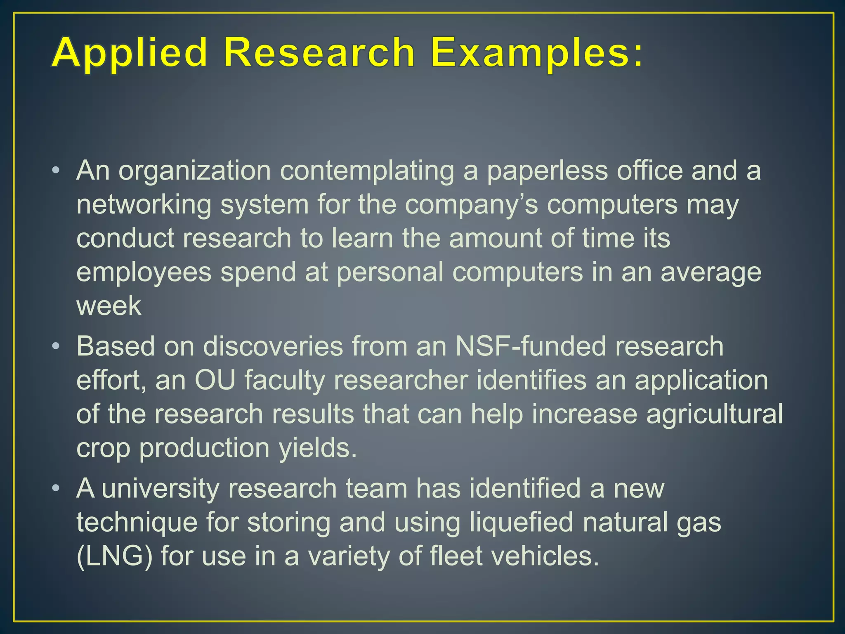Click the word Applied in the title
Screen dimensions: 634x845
129,53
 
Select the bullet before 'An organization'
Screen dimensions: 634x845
56,171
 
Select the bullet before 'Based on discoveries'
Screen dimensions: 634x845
56,346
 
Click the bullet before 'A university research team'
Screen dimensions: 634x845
56,489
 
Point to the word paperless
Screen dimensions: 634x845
547,171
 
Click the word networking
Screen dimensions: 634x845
144,205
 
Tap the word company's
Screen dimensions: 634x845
471,205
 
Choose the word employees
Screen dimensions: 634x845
144,272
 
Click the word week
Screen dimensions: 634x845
109,306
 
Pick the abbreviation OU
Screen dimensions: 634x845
215,380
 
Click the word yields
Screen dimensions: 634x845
317,448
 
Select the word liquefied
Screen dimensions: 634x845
521,523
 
